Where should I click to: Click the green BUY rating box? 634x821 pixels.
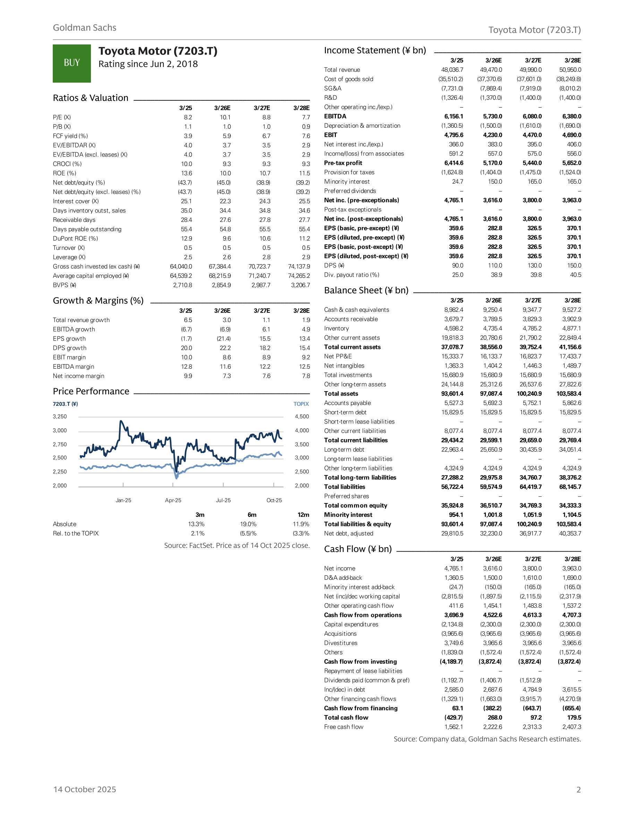click(71, 63)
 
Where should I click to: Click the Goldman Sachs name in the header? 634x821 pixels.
click(85, 28)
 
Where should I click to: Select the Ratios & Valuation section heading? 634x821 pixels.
click(91, 98)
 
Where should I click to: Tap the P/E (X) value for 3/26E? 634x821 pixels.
click(225, 117)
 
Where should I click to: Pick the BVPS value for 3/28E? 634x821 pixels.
click(300, 285)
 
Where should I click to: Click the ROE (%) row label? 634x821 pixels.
click(64, 173)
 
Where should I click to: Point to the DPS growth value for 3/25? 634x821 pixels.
click(186, 348)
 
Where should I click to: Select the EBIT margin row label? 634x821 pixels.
click(69, 357)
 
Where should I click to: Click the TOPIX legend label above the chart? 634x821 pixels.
click(301, 404)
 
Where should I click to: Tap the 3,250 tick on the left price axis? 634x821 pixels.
click(60, 417)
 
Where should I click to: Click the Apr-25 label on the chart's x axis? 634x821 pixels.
click(173, 500)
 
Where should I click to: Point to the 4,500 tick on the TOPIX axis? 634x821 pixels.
click(302, 417)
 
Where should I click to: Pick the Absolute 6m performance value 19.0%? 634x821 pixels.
click(248, 524)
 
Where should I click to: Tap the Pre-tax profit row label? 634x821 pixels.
click(343, 163)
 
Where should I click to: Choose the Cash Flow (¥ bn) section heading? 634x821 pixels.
click(358, 549)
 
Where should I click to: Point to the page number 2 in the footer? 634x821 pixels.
click(578, 790)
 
